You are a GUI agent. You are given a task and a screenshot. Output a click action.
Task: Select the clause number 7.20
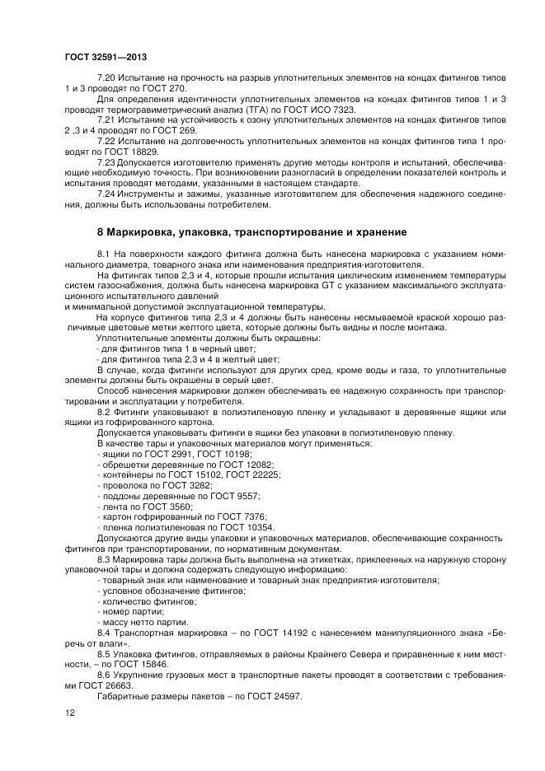[x=107, y=77]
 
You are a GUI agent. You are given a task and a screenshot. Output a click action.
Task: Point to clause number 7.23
[x=107, y=162]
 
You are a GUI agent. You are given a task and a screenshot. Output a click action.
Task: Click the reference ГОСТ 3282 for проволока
[x=190, y=485]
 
